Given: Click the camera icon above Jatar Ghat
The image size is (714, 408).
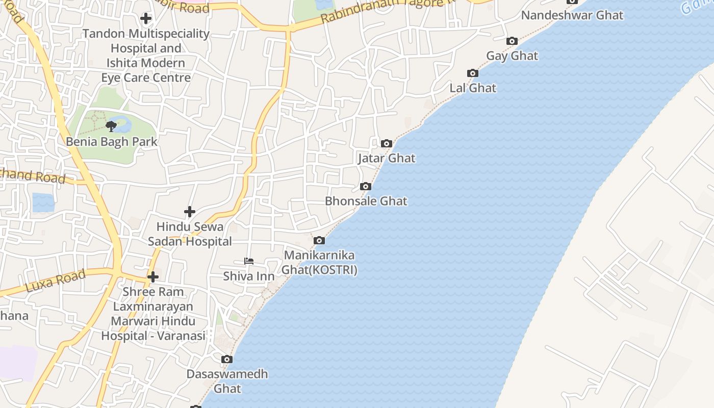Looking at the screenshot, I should [387, 143].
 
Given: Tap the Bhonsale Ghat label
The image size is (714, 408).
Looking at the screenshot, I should [366, 201].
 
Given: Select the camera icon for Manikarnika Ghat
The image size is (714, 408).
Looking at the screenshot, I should [319, 240].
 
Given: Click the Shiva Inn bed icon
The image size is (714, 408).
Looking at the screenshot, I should [249, 261].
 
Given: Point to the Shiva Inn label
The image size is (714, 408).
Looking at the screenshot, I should [249, 276].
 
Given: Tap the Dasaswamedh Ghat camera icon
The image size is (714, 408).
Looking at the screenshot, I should [227, 359].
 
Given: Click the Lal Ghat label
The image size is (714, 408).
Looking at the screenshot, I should [473, 88].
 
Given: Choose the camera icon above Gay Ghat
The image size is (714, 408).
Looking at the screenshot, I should [512, 41].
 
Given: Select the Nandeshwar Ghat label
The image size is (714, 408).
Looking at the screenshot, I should [572, 15].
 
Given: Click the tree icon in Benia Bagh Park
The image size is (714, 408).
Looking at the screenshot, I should [111, 126].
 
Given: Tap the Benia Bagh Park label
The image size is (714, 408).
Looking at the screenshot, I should [112, 142].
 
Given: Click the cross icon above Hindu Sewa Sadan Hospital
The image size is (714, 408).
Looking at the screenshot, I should [190, 211].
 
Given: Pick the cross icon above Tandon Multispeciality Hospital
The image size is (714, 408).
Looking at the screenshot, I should [146, 19].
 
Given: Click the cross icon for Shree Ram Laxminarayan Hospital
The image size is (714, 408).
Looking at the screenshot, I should [153, 277].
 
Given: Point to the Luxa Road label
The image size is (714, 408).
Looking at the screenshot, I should [55, 280].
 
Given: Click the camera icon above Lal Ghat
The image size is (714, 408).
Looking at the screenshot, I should [473, 73].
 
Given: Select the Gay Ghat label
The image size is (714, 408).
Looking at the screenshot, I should [512, 56].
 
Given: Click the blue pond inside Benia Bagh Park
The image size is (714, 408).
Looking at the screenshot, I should [122, 122].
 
